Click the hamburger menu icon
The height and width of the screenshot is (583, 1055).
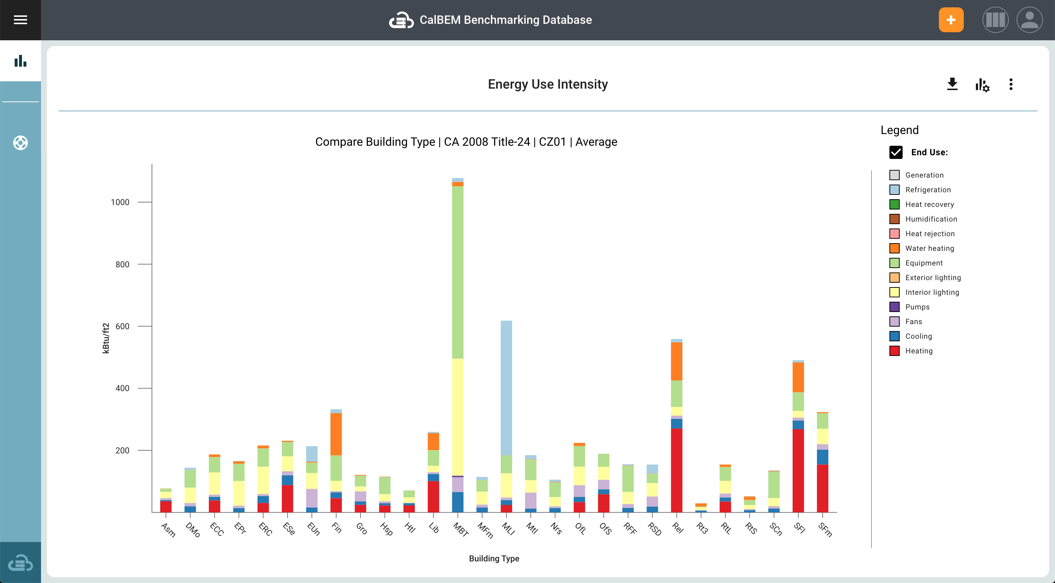point(20,20)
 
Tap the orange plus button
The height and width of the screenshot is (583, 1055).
point(951,20)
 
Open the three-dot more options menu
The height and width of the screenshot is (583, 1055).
point(1010,84)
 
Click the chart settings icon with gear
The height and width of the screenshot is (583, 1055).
point(982,85)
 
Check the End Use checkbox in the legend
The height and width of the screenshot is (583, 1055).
point(896,152)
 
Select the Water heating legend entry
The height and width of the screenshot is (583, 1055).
point(929,248)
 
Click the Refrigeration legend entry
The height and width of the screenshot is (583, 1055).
point(928,190)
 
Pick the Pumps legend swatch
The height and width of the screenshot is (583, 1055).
point(895,307)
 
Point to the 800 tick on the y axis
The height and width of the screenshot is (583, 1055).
point(122,264)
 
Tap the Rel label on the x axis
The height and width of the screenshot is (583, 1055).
point(678,528)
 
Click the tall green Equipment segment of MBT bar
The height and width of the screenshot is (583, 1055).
point(458,272)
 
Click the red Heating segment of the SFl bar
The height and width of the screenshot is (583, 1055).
point(798,471)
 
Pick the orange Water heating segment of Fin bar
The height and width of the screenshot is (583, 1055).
point(336,434)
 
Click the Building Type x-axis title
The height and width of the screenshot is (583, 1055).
point(494,558)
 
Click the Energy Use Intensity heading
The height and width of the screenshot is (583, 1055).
point(548,84)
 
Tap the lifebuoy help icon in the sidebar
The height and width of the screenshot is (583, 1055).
point(20,143)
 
